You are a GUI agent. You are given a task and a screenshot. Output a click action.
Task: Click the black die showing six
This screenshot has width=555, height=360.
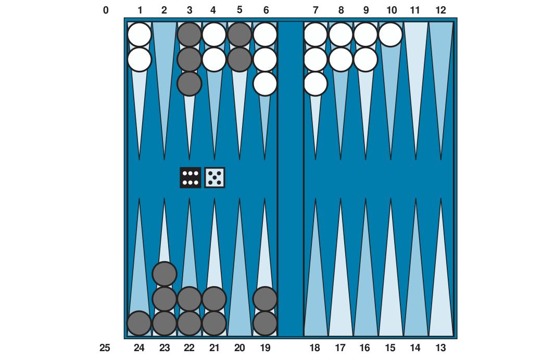(x=190, y=177)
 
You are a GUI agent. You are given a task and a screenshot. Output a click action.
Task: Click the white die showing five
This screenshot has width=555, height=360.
(x=215, y=177)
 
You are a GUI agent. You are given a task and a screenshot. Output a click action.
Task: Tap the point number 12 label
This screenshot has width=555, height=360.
(x=440, y=10)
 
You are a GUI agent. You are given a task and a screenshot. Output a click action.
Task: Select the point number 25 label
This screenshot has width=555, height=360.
(x=105, y=348)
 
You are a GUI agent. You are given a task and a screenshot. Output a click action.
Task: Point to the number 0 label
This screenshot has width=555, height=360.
(x=106, y=10)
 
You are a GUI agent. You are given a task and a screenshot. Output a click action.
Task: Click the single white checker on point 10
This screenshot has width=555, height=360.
(x=390, y=35)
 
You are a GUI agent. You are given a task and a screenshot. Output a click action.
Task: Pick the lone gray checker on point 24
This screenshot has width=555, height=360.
(x=140, y=323)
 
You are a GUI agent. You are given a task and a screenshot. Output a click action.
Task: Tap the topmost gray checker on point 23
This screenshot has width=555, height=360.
(x=165, y=274)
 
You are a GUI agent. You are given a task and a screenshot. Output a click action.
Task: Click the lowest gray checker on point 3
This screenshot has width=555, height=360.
(x=190, y=84)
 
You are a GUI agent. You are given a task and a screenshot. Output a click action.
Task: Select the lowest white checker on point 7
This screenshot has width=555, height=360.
(x=316, y=84)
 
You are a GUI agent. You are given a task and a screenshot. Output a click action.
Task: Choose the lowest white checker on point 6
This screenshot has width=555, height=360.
(x=265, y=84)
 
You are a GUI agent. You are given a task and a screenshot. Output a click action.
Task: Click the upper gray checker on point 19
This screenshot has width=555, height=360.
(x=265, y=299)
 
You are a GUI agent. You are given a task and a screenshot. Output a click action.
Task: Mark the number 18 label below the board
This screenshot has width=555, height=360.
(x=314, y=348)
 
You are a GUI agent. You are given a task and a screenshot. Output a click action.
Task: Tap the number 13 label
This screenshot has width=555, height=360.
(x=440, y=348)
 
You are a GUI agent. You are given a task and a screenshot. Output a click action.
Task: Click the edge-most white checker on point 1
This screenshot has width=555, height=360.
(x=140, y=35)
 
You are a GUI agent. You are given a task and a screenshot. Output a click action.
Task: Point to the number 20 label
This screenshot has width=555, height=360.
(x=239, y=348)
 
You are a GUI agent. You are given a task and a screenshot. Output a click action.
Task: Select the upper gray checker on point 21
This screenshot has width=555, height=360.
(x=214, y=299)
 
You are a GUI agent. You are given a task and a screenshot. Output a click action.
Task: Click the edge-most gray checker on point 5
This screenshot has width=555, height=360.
(x=239, y=35)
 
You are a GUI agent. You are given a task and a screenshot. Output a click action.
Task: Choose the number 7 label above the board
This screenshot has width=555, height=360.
(x=316, y=10)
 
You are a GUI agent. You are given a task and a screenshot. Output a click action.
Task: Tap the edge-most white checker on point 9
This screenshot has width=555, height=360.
(x=365, y=35)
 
